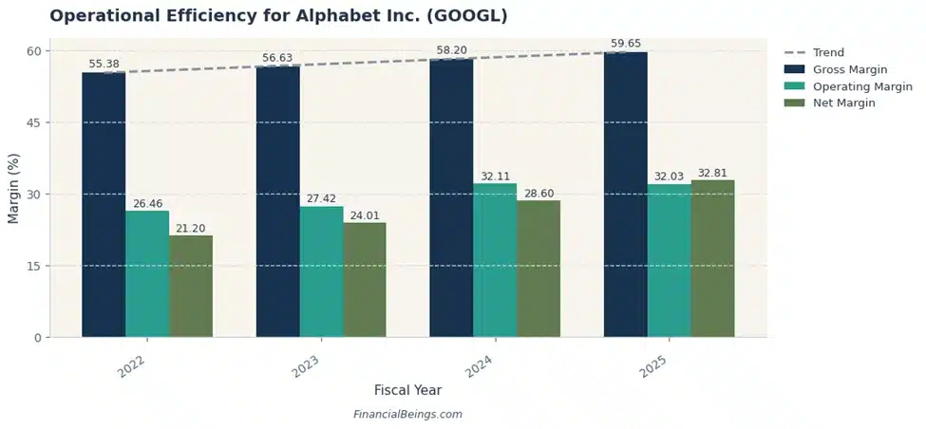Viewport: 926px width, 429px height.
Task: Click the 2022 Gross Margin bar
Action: pyautogui.click(x=104, y=204)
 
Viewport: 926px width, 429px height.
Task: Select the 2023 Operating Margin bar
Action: pyautogui.click(x=321, y=271)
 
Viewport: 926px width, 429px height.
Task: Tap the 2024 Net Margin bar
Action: pyautogui.click(x=539, y=269)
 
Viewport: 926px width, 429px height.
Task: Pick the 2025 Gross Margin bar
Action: pyautogui.click(x=625, y=195)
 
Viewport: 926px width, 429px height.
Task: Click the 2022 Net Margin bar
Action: pyautogui.click(x=191, y=286)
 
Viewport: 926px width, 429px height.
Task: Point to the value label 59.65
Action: pyautogui.click(x=625, y=44)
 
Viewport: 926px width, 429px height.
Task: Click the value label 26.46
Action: pyautogui.click(x=147, y=203)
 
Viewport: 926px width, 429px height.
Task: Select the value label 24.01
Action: pyautogui.click(x=365, y=214)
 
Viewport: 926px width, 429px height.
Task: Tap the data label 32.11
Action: pyautogui.click(x=495, y=177)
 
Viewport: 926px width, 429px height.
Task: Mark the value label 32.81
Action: pyautogui.click(x=712, y=174)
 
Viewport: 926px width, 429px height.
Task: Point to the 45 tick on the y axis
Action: pyautogui.click(x=33, y=122)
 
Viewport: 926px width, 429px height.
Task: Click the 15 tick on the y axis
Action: pyautogui.click(x=33, y=266)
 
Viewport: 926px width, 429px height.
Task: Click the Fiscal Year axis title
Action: pyautogui.click(x=407, y=390)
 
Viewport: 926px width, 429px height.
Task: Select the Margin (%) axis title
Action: pyautogui.click(x=13, y=194)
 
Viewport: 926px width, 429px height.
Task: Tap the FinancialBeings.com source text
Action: pyautogui.click(x=407, y=415)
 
